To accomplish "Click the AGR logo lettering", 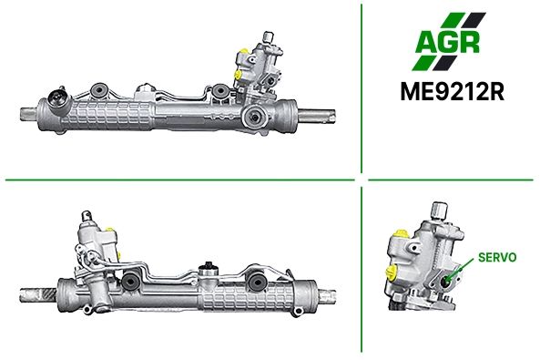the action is tap(447, 43).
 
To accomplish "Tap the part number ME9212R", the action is tap(453, 91).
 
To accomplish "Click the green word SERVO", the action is tap(497, 257).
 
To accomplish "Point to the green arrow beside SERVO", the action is tap(462, 269).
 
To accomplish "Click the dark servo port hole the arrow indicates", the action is tap(446, 281).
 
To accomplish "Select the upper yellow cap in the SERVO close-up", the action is tap(402, 234).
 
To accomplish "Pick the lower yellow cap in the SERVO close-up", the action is tap(392, 273).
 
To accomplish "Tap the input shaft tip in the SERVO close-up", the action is tap(440, 209).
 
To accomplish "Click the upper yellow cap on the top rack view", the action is tap(244, 51).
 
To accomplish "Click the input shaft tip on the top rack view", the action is tap(268, 36).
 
